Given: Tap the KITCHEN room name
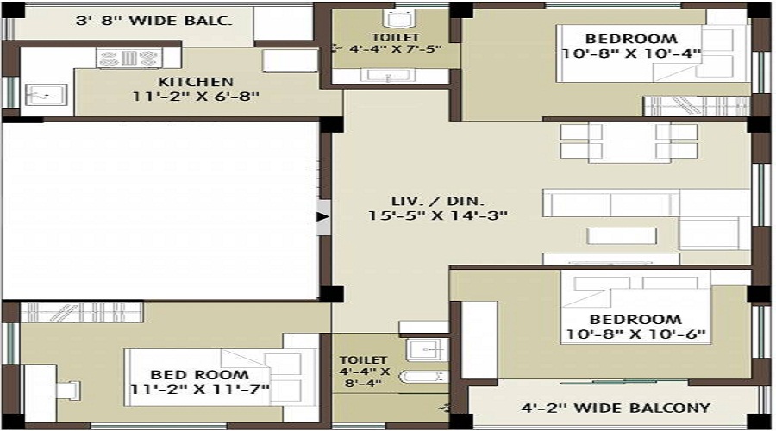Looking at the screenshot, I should pos(195,82).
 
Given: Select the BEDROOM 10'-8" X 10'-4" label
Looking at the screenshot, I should pos(642,46).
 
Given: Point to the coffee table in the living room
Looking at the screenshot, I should pos(622,235).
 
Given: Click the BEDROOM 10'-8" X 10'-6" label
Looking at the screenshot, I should pos(635,327).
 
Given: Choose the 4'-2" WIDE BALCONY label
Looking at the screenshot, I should pos(616,408).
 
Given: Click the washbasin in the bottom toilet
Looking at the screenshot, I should pos(424,349).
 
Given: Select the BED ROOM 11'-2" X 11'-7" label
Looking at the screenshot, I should pos(199,383).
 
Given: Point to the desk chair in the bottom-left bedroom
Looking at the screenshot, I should pos(67,390).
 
